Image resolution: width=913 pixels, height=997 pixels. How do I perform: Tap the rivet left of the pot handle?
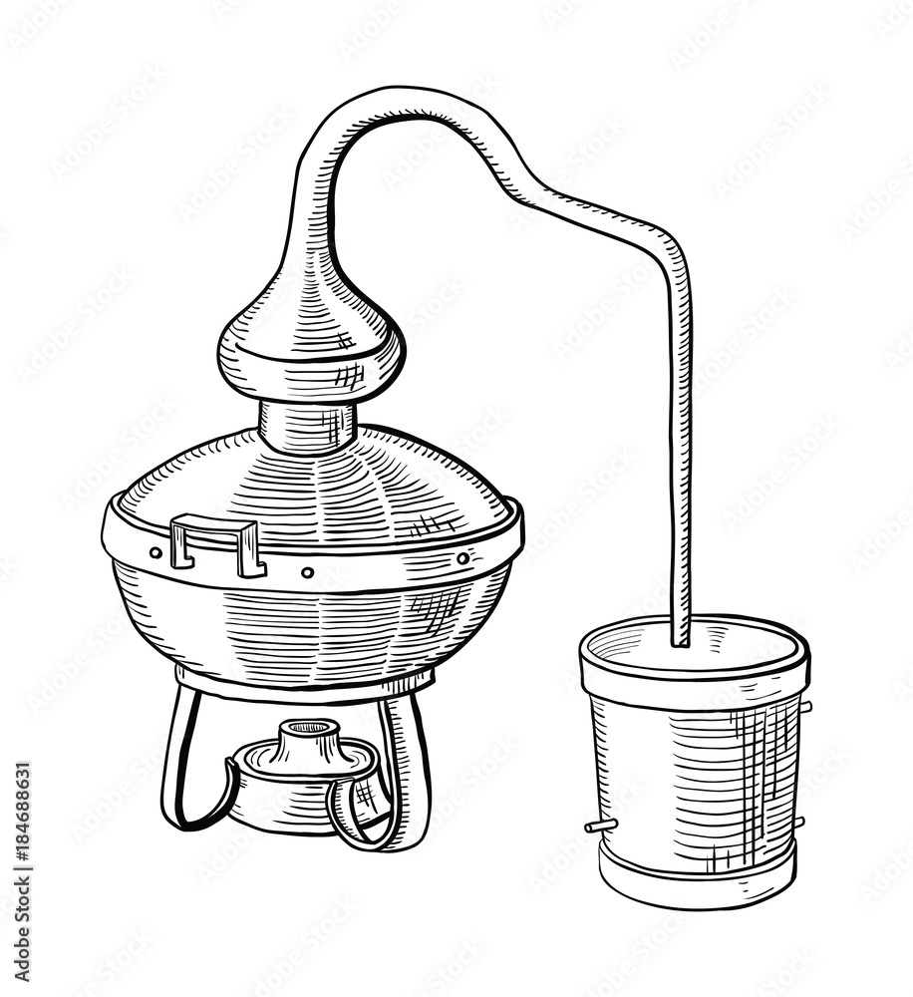click(x=155, y=551)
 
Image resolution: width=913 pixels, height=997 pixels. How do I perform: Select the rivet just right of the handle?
click(x=307, y=572)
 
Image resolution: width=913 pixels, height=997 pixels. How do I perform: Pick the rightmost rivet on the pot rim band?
click(x=462, y=558)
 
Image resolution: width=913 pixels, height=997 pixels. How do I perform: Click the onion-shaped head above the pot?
click(x=311, y=339)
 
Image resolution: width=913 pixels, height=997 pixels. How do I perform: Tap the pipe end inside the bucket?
click(x=683, y=638)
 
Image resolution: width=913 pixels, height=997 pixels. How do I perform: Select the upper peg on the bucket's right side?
click(x=804, y=706)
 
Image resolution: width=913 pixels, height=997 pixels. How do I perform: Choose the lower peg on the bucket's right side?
click(x=799, y=822)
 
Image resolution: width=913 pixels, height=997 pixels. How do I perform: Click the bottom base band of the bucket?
click(x=698, y=882)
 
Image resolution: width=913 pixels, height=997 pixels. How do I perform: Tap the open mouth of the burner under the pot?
click(x=308, y=729)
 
